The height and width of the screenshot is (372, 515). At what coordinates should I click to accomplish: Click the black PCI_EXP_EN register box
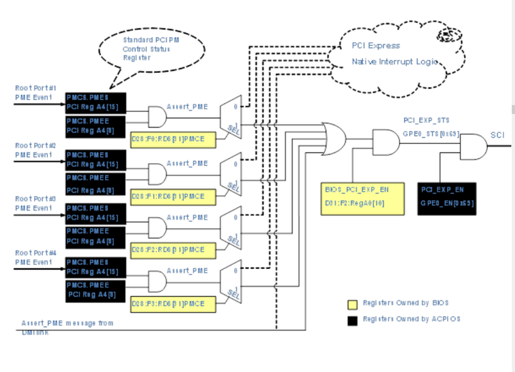click(447, 196)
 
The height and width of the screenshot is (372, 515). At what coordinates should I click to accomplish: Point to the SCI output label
click(498, 134)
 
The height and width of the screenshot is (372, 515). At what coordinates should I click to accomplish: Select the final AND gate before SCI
click(471, 148)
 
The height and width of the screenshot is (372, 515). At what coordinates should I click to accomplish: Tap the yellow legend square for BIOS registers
click(352, 303)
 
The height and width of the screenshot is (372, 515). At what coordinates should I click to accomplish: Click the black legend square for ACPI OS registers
click(352, 319)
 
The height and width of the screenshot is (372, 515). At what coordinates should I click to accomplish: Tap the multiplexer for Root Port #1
click(231, 117)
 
